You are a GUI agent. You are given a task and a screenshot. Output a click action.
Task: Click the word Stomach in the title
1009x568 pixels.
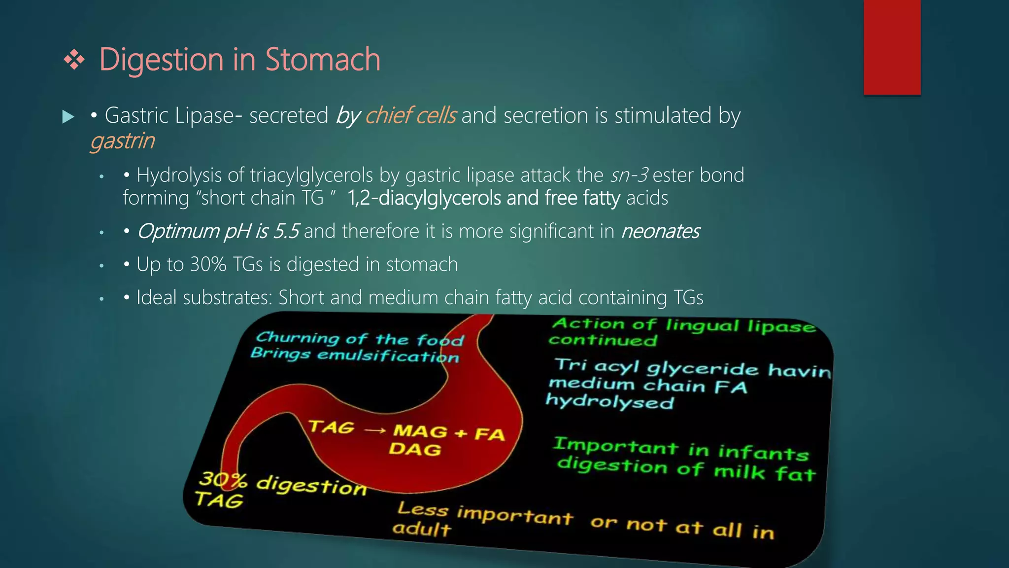(323, 60)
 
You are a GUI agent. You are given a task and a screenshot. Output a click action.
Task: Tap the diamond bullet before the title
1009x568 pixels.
(74, 60)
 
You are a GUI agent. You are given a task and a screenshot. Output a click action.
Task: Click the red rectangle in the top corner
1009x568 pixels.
(892, 47)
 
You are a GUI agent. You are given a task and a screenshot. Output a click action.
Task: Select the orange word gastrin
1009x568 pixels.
(122, 141)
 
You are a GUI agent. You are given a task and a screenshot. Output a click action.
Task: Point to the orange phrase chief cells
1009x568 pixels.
(410, 115)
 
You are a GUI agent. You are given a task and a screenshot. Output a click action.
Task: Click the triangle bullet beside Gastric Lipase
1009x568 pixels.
(68, 117)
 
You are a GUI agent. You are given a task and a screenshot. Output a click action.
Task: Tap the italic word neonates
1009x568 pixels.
(660, 231)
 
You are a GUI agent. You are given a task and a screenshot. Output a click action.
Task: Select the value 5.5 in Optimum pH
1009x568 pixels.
(286, 231)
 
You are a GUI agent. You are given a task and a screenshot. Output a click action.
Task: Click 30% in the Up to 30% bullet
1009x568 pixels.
(208, 265)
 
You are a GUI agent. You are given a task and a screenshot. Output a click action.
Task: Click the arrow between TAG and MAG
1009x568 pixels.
(375, 430)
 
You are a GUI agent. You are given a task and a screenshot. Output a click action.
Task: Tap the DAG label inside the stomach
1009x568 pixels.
(414, 449)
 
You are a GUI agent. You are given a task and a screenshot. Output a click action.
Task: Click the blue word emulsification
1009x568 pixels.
(388, 356)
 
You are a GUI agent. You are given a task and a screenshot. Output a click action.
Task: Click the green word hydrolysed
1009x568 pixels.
(609, 402)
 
